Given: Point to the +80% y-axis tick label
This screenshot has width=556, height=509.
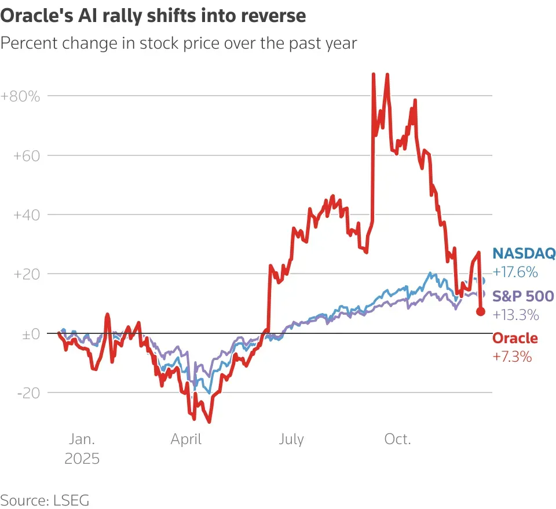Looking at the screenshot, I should coord(20,96).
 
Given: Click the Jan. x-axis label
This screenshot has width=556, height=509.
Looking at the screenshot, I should coord(82,439).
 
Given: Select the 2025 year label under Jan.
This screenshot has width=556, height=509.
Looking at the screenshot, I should coord(82,459).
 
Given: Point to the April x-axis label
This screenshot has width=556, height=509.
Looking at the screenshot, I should coord(186,439).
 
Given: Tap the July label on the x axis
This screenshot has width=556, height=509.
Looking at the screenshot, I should coord(291,439).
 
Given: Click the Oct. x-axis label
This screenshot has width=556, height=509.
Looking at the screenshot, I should coord(397,439).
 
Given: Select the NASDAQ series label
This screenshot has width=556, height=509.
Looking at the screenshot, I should coord(524,253).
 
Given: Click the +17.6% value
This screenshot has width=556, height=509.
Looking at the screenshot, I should coord(515,272).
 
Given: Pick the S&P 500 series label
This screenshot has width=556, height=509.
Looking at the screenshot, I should coord(523,296).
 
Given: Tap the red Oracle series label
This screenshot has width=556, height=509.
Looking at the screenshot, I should coord(515,338).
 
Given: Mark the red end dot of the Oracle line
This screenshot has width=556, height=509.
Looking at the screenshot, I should coord(481,311).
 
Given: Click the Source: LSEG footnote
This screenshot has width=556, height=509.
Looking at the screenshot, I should coord(45,500).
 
